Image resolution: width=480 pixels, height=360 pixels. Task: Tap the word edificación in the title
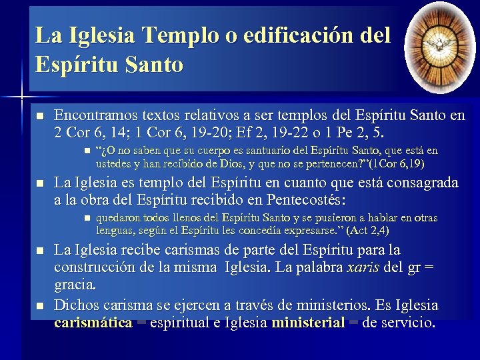point(301,35)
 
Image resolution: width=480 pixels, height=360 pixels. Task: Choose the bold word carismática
point(93,323)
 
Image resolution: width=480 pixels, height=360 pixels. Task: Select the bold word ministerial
point(309,323)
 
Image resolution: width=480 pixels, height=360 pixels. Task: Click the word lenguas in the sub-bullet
point(115,231)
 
